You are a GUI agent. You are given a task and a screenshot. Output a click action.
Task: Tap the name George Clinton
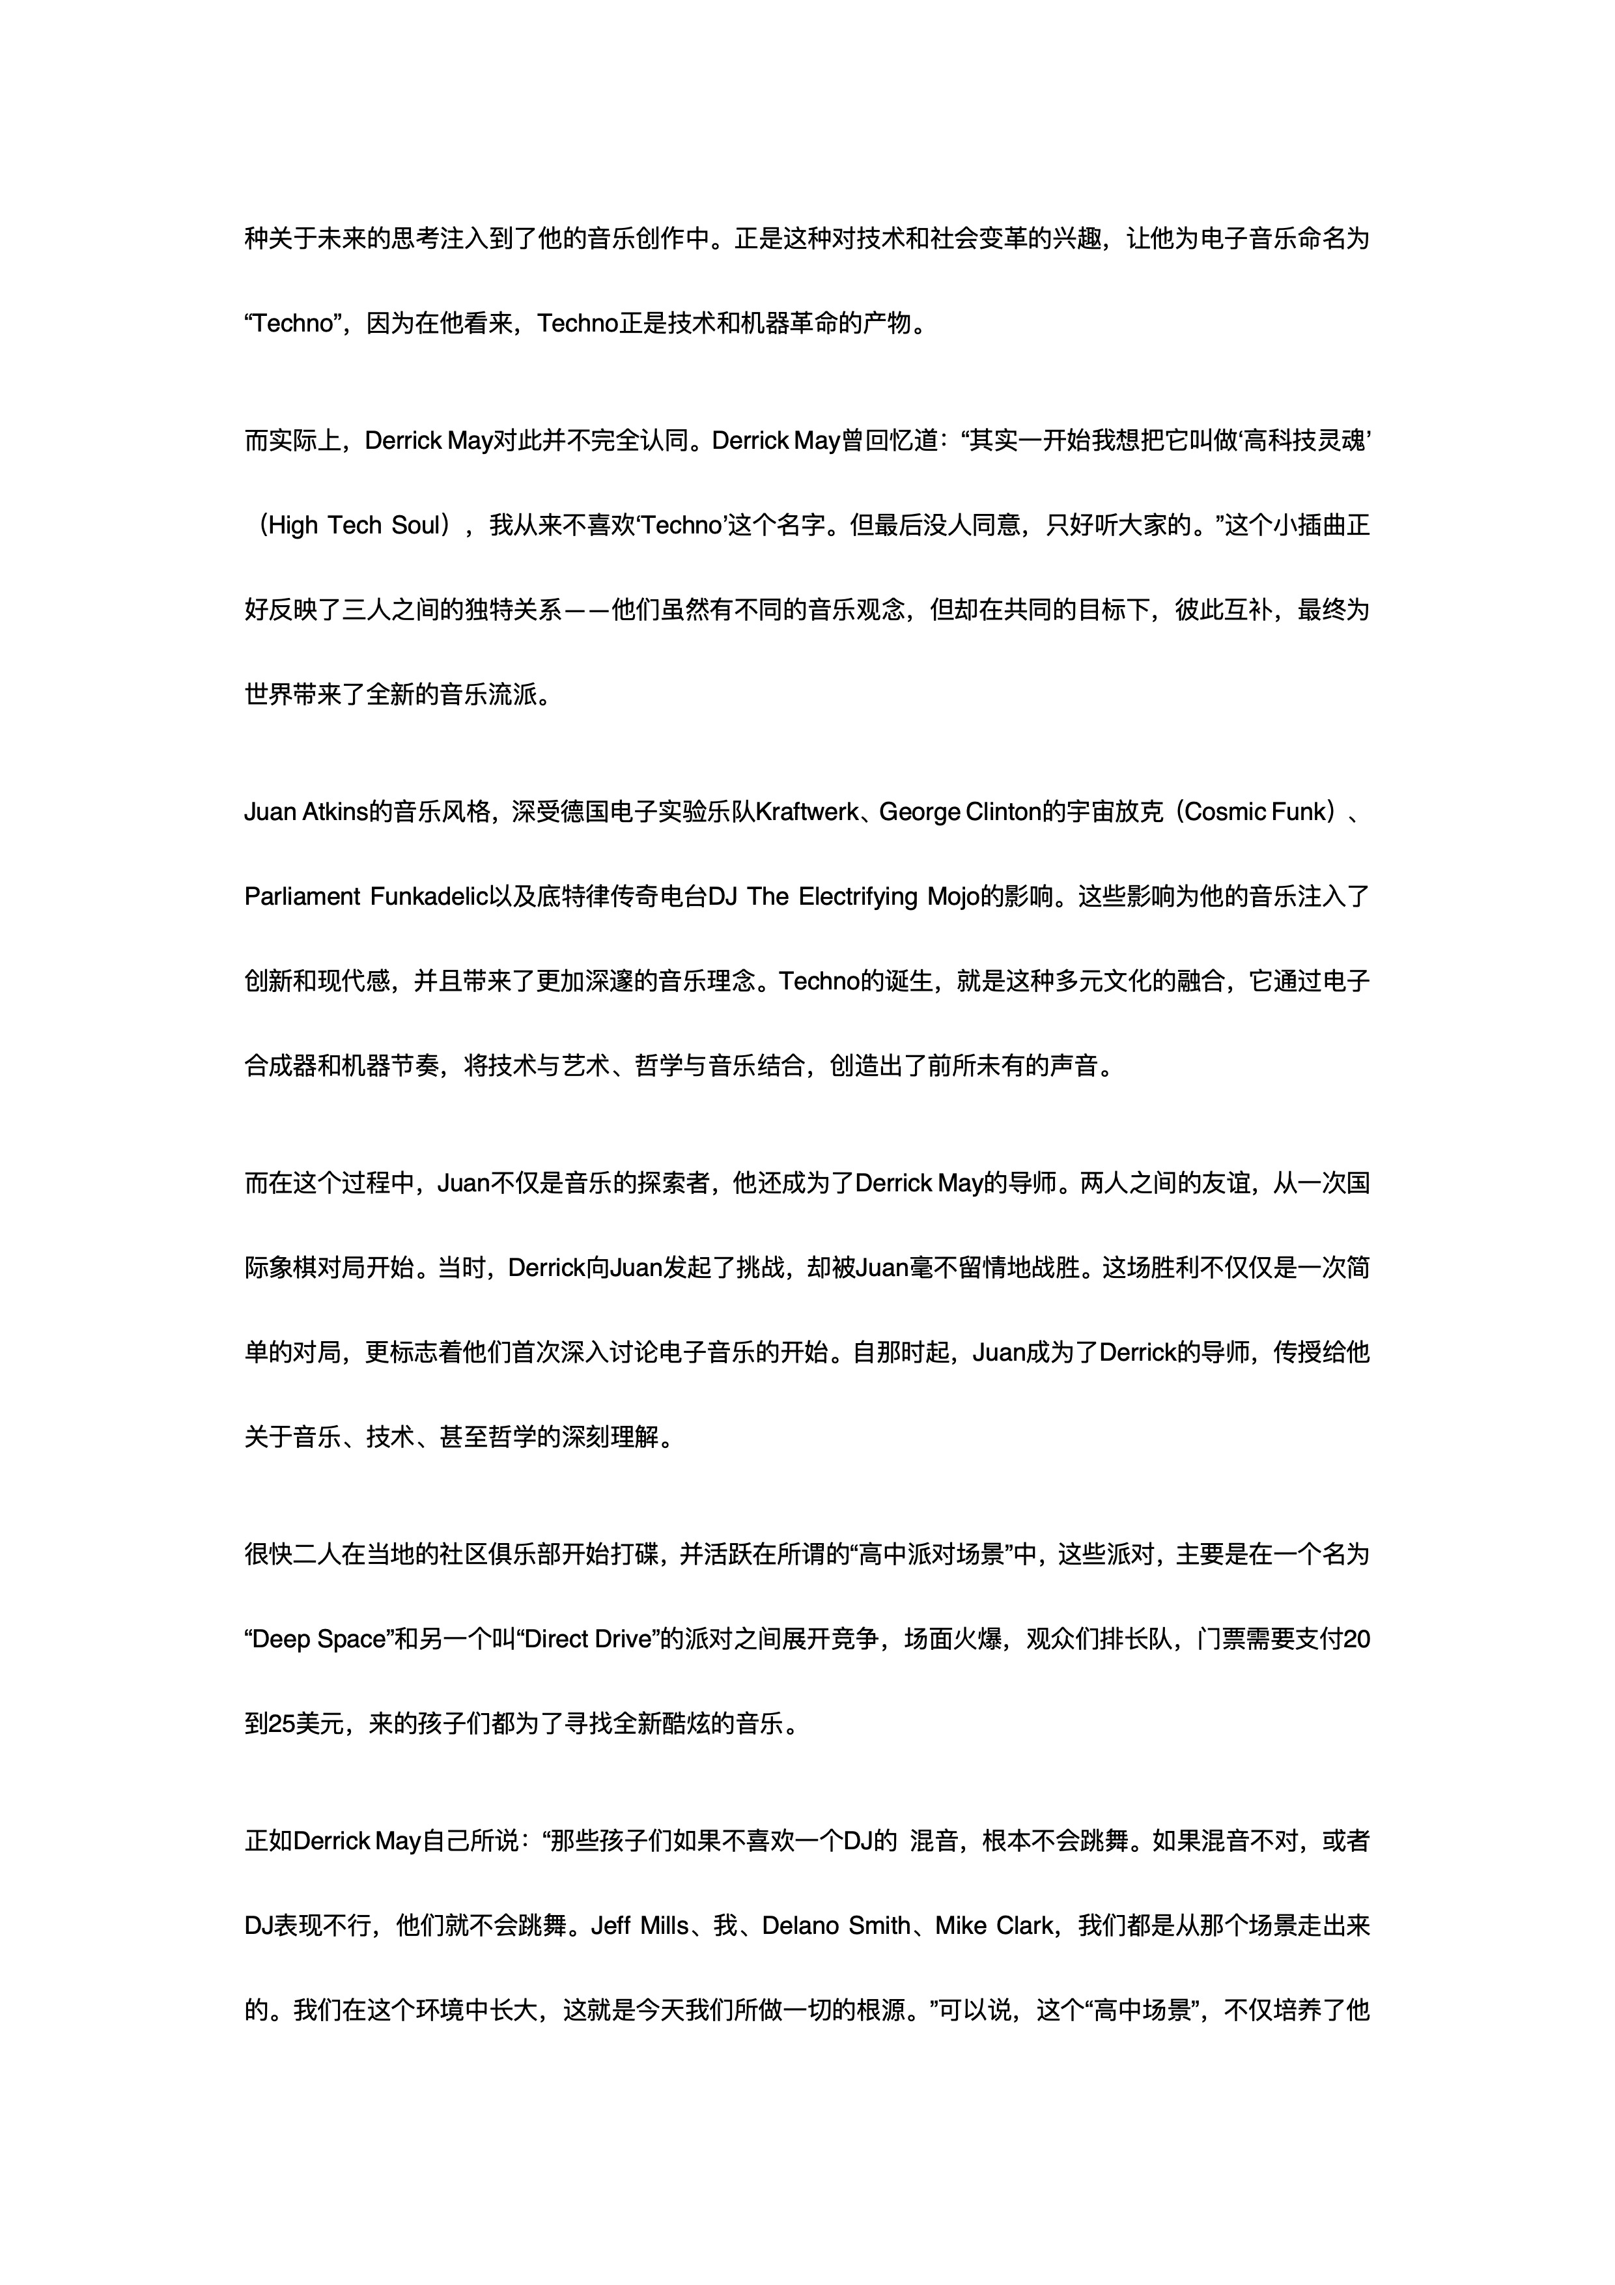click(961, 812)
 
